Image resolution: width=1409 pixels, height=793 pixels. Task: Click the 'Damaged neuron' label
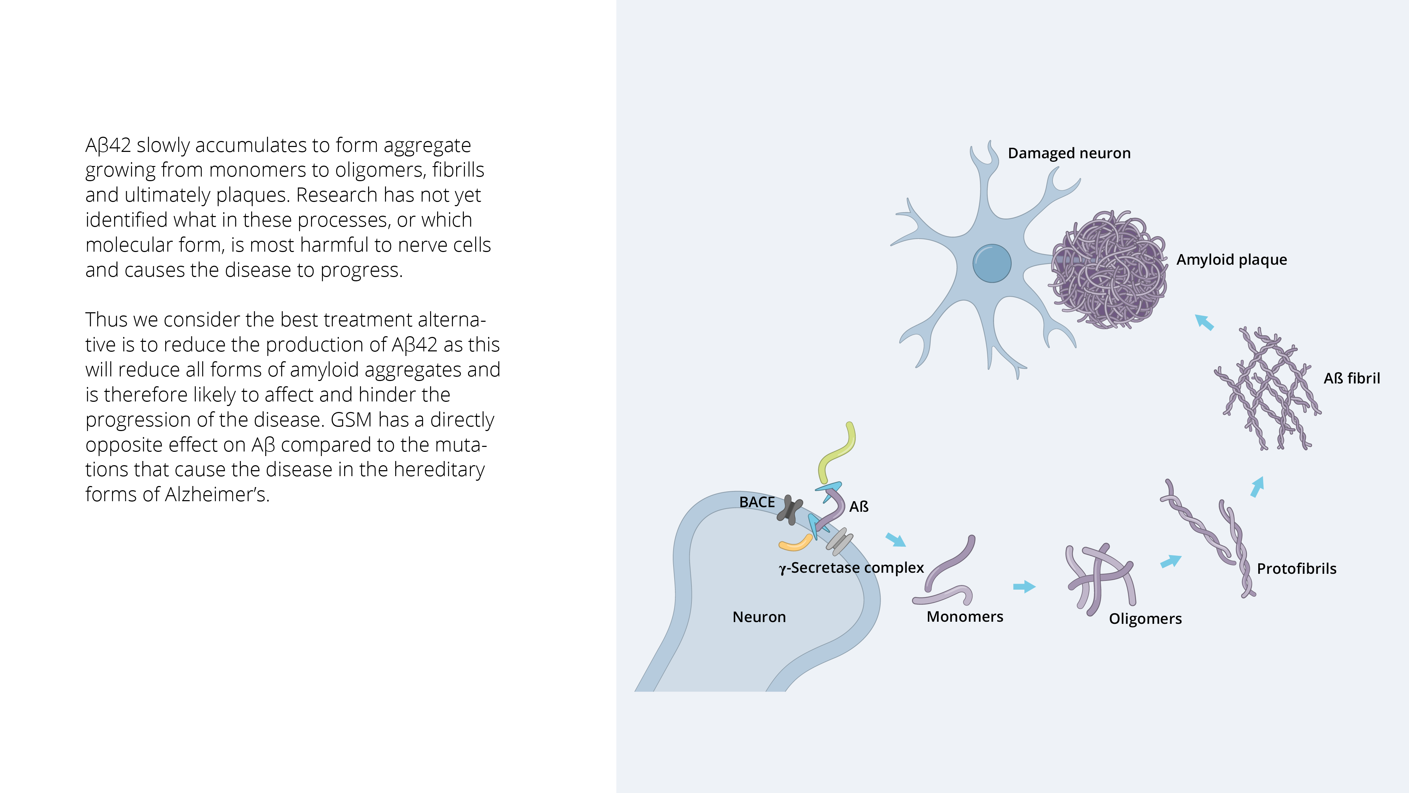click(1069, 153)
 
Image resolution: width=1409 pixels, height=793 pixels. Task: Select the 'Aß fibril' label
click(1352, 378)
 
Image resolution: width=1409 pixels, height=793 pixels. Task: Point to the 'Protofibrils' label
click(1296, 568)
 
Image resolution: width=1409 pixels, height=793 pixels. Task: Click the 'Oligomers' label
click(1146, 619)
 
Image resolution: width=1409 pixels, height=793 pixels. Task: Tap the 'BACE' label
click(757, 502)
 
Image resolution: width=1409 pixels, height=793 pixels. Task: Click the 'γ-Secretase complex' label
click(851, 568)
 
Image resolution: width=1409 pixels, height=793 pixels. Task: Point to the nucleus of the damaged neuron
click(992, 263)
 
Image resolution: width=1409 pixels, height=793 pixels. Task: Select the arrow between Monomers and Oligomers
click(1024, 587)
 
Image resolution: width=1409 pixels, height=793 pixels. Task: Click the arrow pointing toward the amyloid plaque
click(1204, 322)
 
